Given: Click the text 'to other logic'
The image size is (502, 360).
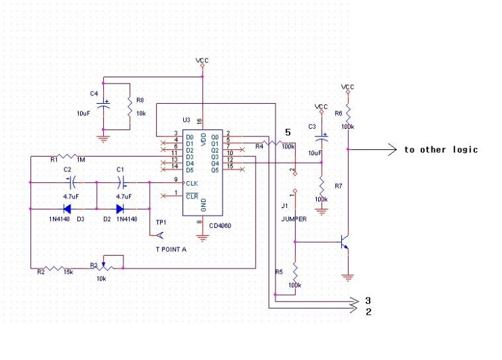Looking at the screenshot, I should (441, 150).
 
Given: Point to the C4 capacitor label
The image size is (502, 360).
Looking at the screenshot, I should (94, 93).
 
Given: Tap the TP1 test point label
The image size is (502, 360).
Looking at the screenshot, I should (161, 222).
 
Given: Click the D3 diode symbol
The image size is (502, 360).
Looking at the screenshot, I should (67, 209).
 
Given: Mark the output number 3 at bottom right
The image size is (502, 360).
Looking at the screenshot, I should (368, 300).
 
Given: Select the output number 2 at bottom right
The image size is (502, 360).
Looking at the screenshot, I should (368, 312).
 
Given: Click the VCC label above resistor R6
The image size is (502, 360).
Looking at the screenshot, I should (347, 87).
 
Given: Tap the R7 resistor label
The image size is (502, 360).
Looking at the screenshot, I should (339, 185).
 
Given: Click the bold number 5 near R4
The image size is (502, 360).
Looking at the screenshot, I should (288, 132).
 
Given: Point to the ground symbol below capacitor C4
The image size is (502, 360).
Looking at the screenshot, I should (103, 139).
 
